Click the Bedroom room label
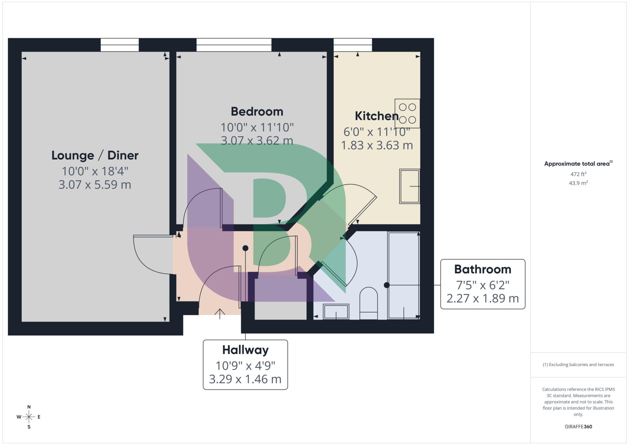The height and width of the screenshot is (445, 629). click(x=257, y=111)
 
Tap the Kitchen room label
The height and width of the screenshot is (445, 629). click(x=376, y=116)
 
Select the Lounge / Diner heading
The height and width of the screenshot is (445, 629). click(x=95, y=155)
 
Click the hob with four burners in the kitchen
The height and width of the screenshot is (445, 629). click(x=407, y=113)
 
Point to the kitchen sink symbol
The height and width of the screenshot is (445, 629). click(x=409, y=186)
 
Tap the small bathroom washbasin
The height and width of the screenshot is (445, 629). click(x=336, y=312)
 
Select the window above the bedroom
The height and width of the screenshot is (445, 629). click(x=234, y=45)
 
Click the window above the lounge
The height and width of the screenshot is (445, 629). click(x=119, y=45)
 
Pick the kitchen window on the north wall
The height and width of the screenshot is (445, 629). click(x=353, y=45)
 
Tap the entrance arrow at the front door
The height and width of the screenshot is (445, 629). click(x=220, y=314)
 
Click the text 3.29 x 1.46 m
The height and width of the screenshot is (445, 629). click(x=245, y=379)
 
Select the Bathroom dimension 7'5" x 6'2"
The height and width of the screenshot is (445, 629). click(x=482, y=285)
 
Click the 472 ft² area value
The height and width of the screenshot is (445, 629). click(x=578, y=174)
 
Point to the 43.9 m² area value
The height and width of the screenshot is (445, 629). click(x=578, y=183)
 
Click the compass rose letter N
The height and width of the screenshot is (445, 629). click(x=29, y=407)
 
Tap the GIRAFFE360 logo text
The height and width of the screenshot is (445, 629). click(x=578, y=427)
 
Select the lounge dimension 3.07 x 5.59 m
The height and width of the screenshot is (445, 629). click(x=95, y=185)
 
